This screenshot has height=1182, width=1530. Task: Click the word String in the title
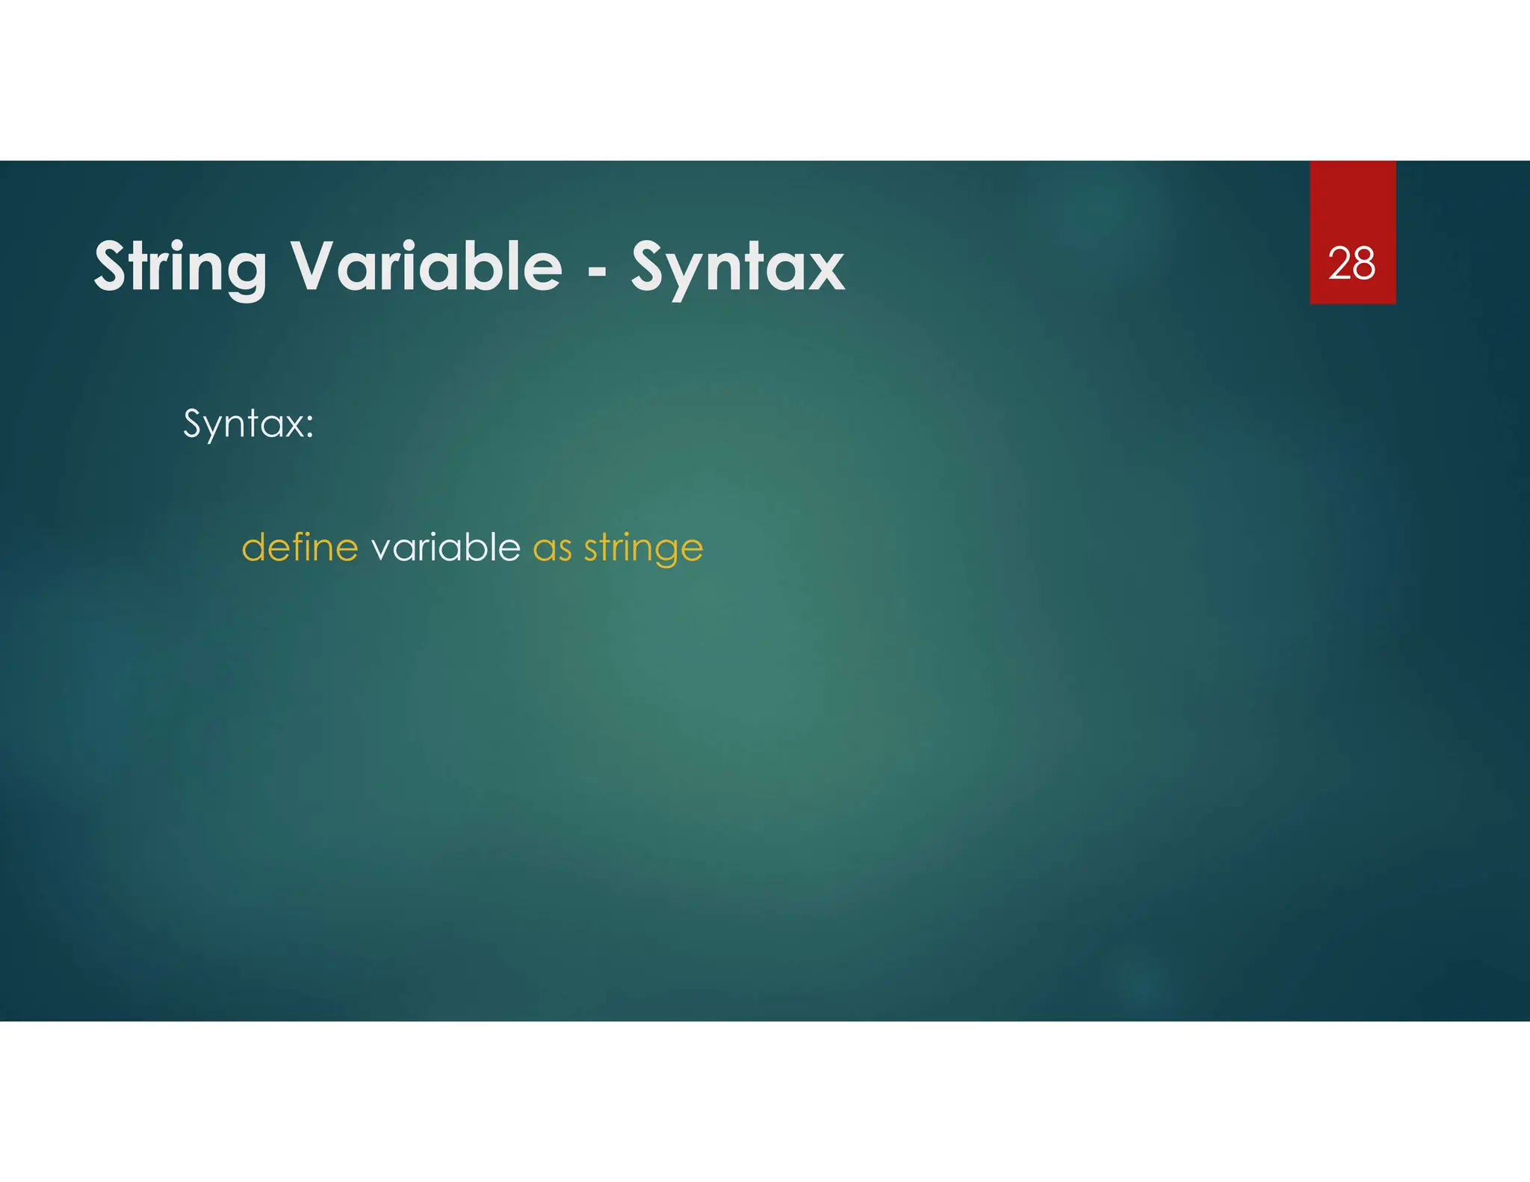[180, 267]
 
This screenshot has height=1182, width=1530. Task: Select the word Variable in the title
[426, 266]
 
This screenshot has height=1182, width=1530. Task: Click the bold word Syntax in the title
[737, 269]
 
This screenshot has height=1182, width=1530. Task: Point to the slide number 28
[1351, 264]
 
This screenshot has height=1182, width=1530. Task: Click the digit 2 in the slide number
[1339, 264]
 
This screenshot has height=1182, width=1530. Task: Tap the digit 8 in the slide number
[1364, 264]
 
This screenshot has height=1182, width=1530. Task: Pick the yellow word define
[300, 548]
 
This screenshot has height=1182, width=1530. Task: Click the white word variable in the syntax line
[445, 548]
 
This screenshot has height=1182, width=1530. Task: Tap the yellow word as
[552, 550]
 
